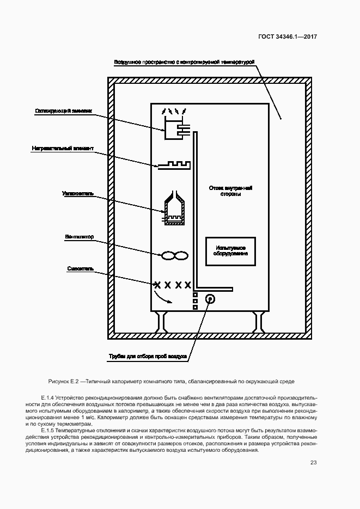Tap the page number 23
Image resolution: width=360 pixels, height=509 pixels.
coord(313,463)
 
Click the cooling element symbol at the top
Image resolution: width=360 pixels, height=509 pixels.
coord(175,127)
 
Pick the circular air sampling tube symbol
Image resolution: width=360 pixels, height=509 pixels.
coord(210,299)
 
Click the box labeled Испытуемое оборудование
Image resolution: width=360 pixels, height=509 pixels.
coord(230,251)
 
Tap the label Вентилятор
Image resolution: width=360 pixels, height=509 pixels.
coord(80,237)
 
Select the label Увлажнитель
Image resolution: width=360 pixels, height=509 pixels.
coord(78,193)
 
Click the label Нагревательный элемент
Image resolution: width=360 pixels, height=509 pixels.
coord(63,148)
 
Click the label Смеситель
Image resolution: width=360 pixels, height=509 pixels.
coord(81,268)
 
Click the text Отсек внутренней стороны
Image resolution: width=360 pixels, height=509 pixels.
coord(230,191)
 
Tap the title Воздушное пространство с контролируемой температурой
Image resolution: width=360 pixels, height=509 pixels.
coord(184,63)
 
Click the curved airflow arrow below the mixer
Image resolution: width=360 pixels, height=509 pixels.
coord(163,296)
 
